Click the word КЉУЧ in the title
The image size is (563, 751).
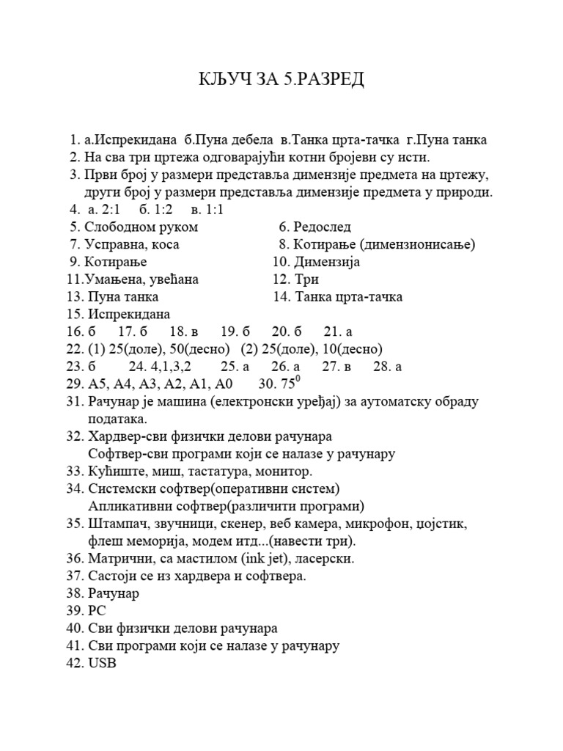click(x=223, y=79)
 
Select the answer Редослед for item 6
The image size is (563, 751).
click(x=322, y=227)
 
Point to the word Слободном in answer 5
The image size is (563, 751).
click(x=117, y=227)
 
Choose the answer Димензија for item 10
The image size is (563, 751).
click(x=327, y=262)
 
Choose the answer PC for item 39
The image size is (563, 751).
click(x=96, y=611)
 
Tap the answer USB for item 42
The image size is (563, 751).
click(x=101, y=664)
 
